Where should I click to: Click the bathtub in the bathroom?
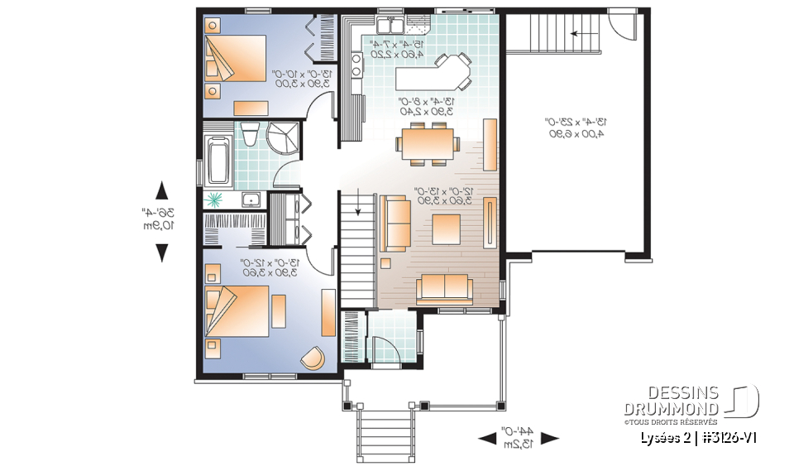click(219, 161)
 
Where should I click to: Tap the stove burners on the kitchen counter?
click(357, 65)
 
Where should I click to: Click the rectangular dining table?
click(428, 142)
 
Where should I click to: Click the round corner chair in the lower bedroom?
click(313, 357)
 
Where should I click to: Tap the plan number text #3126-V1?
click(729, 437)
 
